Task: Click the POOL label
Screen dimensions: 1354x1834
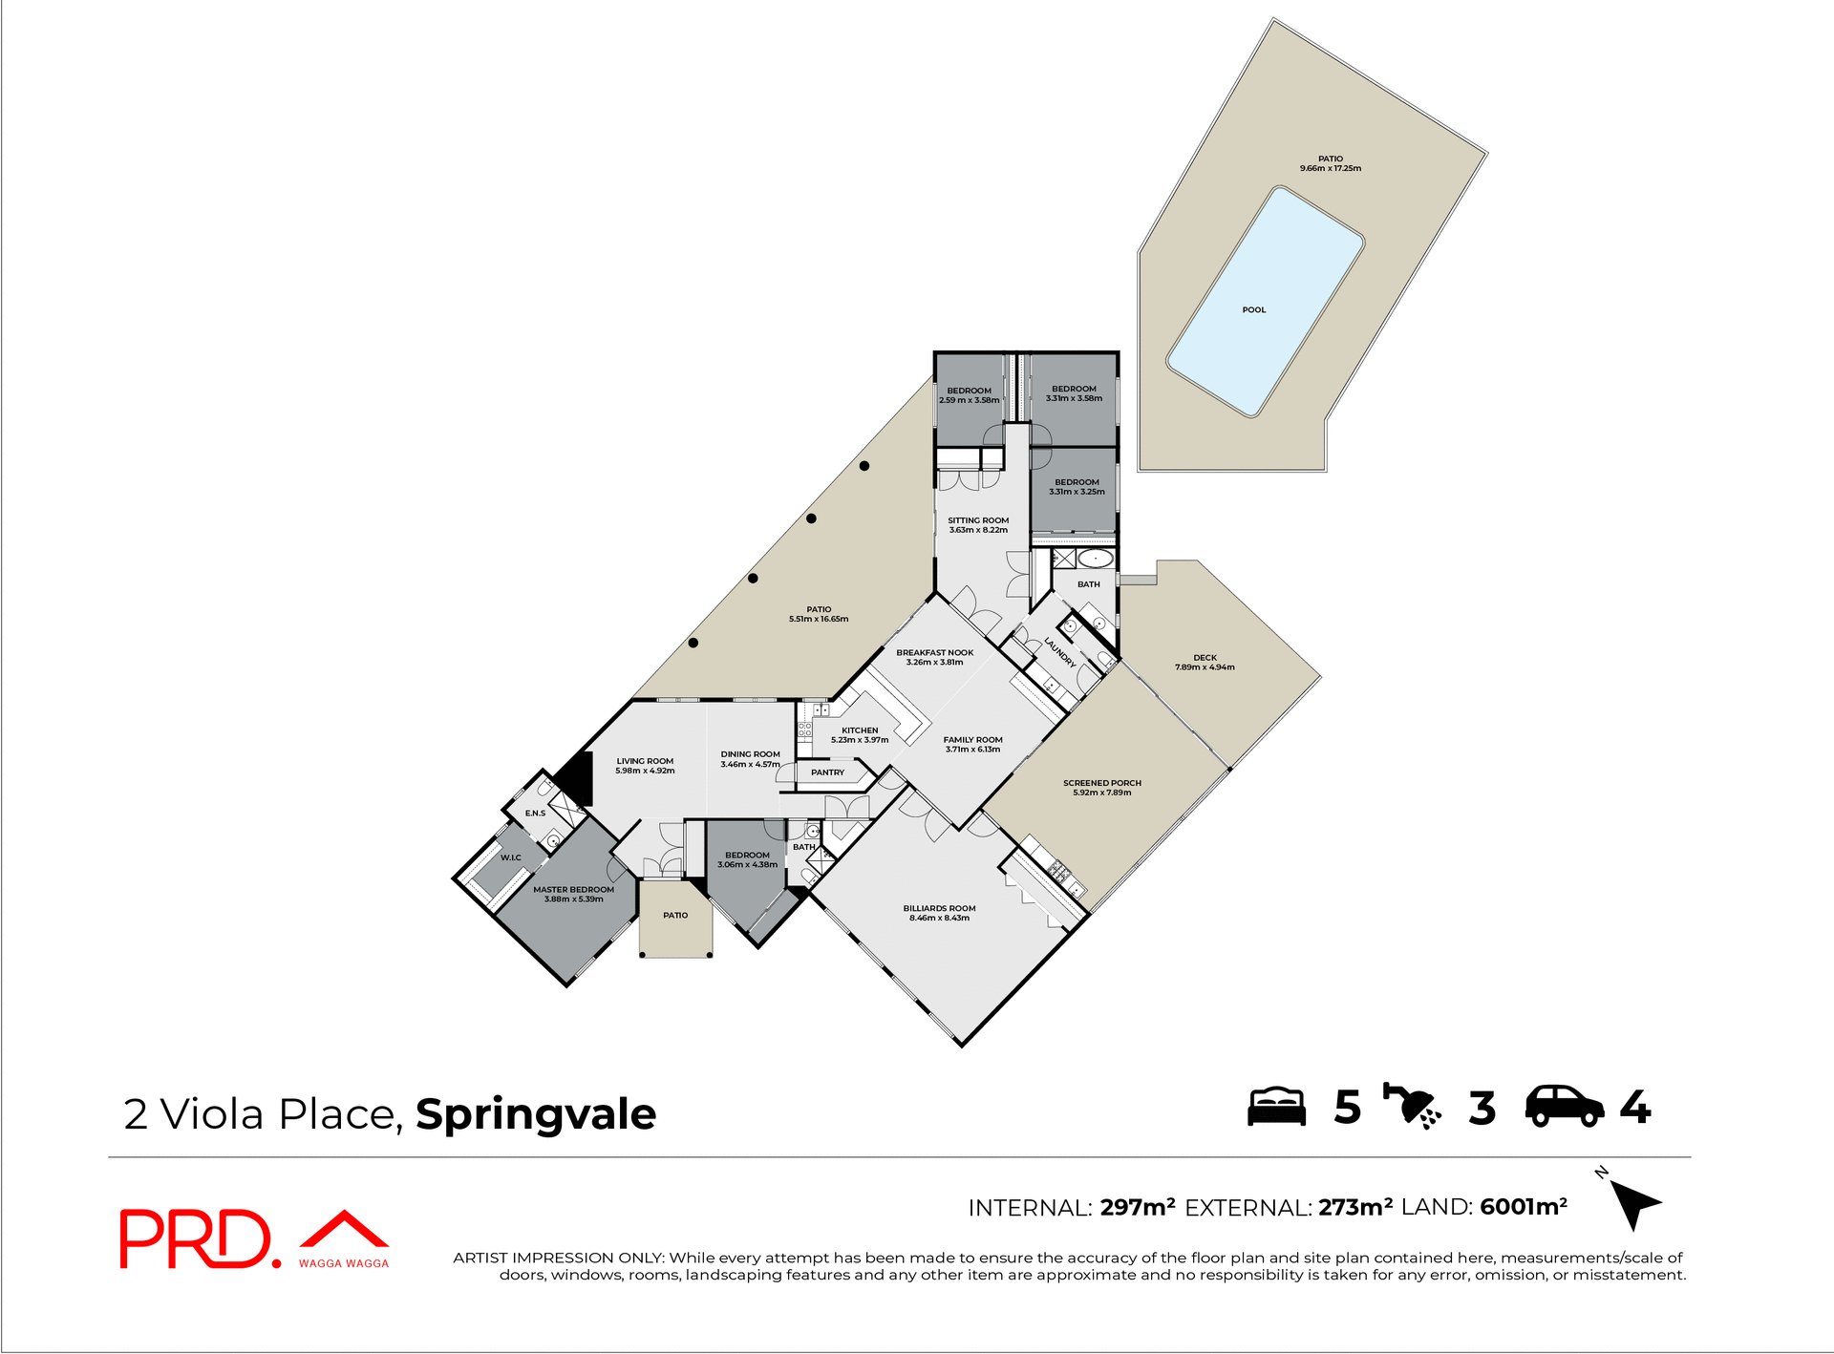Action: click(1253, 309)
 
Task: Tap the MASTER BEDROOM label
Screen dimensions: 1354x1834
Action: click(573, 894)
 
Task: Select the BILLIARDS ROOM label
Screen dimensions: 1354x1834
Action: click(939, 913)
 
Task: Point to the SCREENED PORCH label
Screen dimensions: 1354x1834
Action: click(1101, 787)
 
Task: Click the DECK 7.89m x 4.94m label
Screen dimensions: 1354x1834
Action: click(1205, 662)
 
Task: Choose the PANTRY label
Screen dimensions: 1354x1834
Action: click(827, 772)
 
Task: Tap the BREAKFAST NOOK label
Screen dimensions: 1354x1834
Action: click(934, 657)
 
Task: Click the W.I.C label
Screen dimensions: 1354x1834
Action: click(511, 857)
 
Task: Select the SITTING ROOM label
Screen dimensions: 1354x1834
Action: click(977, 524)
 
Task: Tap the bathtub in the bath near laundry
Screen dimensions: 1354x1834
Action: click(1096, 559)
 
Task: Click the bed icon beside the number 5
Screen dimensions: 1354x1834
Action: click(1276, 1107)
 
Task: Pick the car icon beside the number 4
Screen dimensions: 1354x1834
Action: click(1564, 1107)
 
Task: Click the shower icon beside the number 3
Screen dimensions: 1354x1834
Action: click(1411, 1107)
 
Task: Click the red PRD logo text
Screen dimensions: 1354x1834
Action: click(196, 1238)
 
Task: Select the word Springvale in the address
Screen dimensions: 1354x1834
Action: click(536, 1113)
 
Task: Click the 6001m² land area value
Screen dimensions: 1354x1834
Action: click(1523, 1207)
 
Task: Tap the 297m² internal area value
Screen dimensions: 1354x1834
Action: click(1137, 1207)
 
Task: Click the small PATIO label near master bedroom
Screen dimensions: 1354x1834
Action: click(675, 915)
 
